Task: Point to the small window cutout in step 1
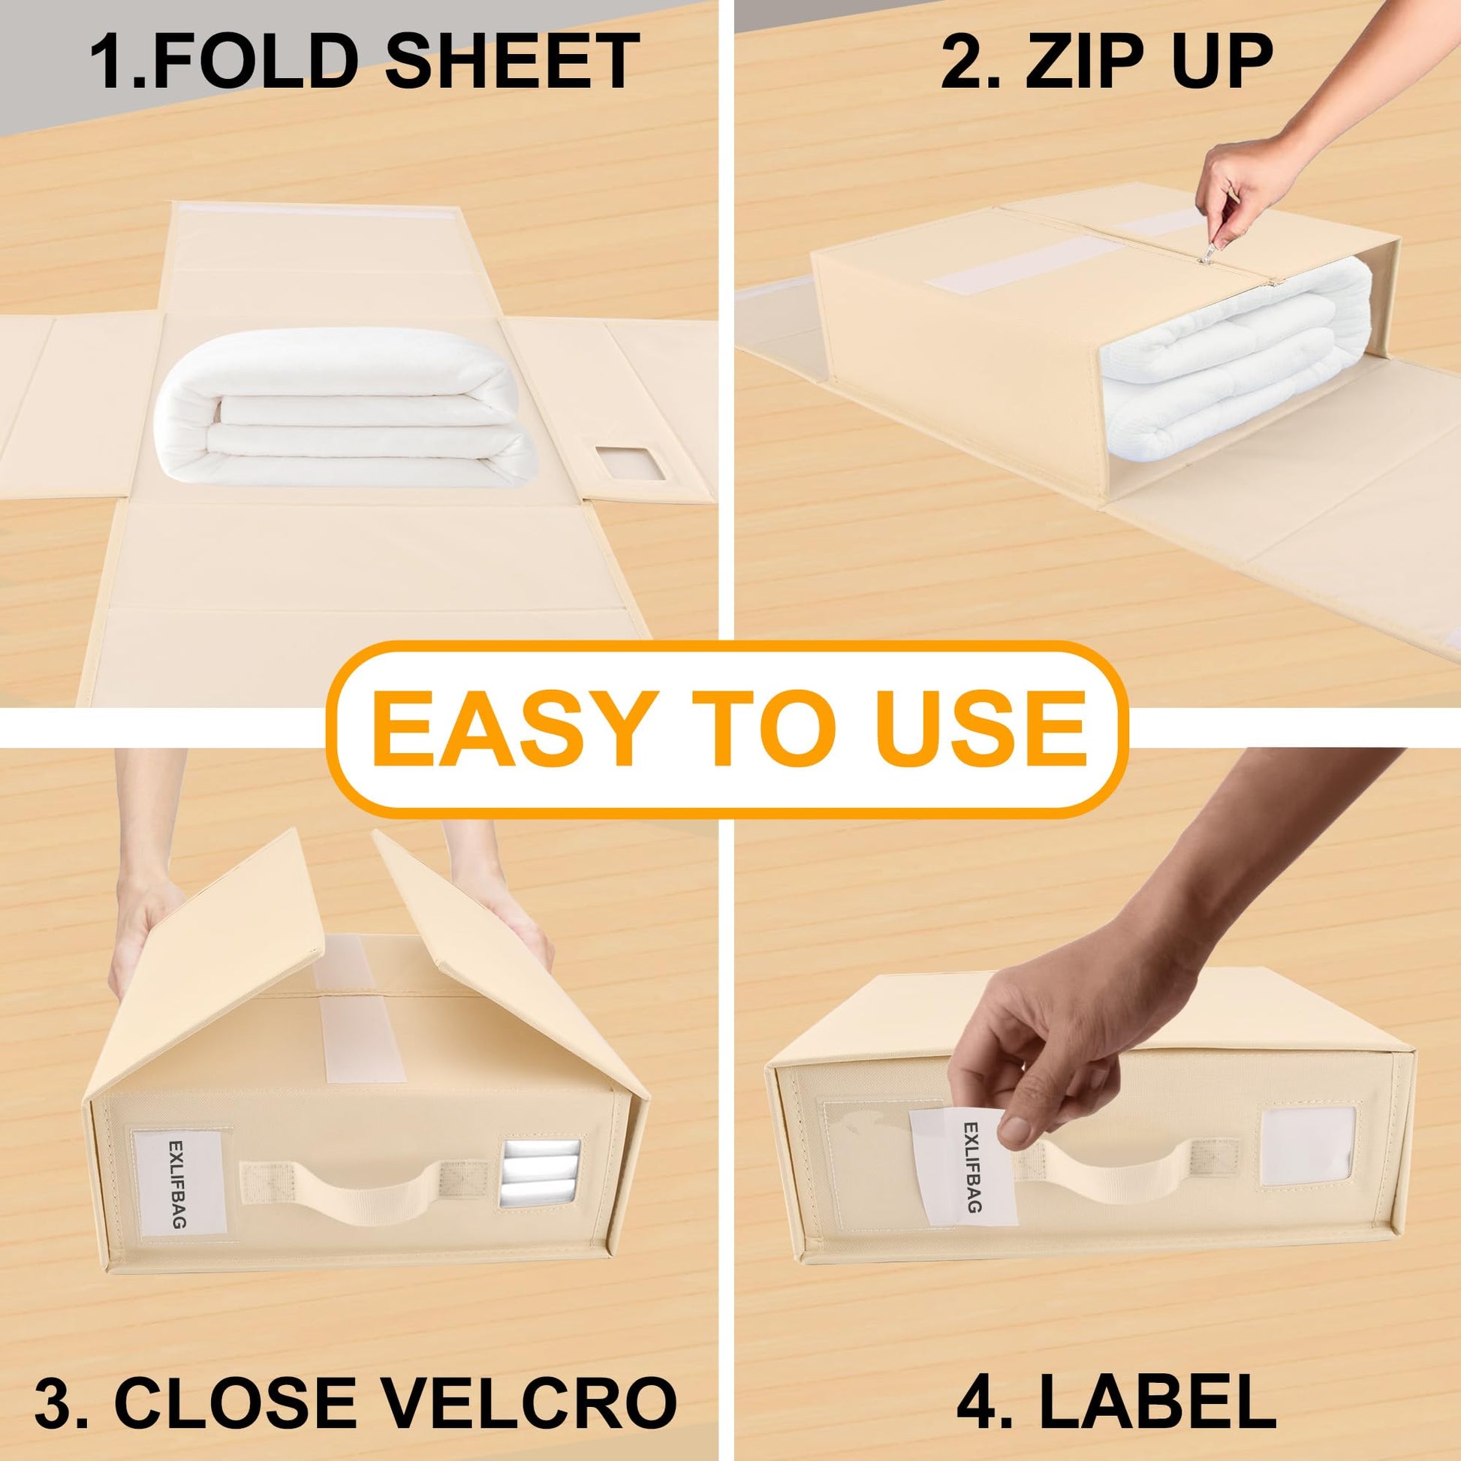pyautogui.click(x=630, y=472)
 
